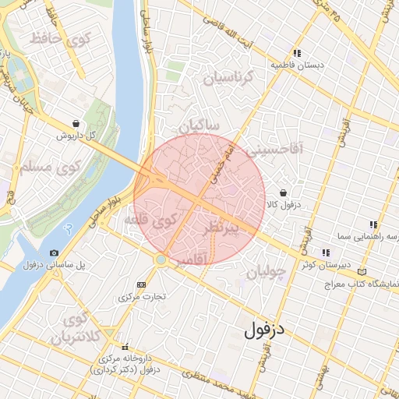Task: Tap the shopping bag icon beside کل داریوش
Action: (75, 123)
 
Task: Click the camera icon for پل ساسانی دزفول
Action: (54, 252)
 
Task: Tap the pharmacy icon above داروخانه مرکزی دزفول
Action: (125, 347)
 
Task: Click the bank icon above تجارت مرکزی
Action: (140, 284)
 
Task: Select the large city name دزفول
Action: (266, 329)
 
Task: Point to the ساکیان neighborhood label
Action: (199, 125)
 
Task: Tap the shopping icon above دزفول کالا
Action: (283, 192)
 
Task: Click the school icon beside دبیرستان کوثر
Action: (325, 252)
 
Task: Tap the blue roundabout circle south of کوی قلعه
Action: (161, 259)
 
